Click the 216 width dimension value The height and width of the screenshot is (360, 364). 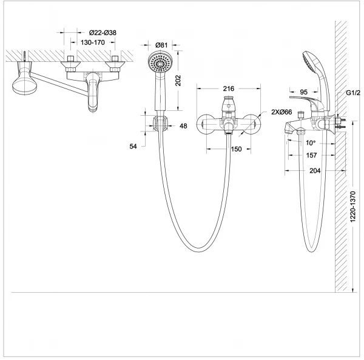point(229,88)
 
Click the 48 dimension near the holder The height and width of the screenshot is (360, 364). point(184,126)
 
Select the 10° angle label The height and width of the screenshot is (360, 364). point(311,143)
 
